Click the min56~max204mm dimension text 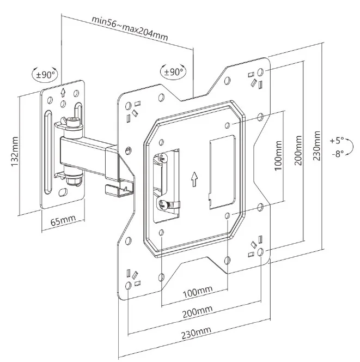coord(130,28)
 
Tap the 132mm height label coord(15,152)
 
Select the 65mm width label coord(63,220)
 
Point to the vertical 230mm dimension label coord(317,146)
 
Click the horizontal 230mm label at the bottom coord(196,333)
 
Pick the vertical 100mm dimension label coord(278,155)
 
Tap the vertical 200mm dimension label coord(298,150)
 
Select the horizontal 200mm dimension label coord(198,312)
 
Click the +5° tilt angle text coord(337,140)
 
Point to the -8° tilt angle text coord(338,154)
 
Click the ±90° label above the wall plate coord(46,75)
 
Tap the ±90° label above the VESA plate coord(173,72)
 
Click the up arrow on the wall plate coord(63,92)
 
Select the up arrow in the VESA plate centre coord(194,179)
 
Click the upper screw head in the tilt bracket coord(163,158)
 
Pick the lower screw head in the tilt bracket coord(163,204)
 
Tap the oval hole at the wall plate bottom coord(63,192)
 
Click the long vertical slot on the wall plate coord(48,152)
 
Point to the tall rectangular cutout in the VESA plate coord(222,172)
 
